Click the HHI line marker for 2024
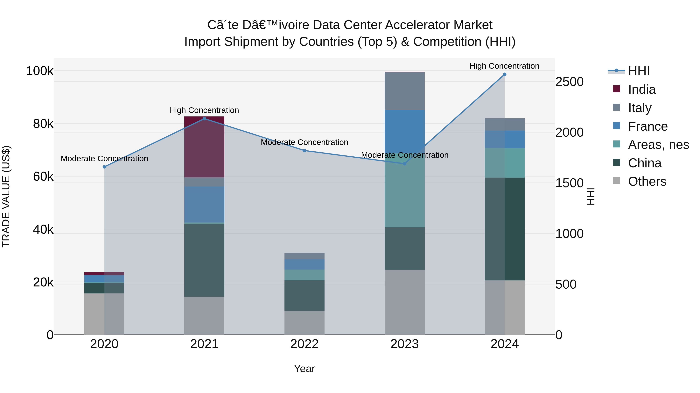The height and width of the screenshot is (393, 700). coord(505,74)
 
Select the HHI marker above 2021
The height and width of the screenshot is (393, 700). coord(204,119)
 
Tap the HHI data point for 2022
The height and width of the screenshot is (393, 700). coord(304,151)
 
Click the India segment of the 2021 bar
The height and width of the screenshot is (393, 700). coord(204,147)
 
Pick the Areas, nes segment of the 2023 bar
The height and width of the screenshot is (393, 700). coord(404,195)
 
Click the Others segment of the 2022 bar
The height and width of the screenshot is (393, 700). coord(304,323)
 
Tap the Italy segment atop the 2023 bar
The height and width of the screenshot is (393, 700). coord(404,91)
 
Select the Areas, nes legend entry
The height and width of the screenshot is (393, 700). coord(658,145)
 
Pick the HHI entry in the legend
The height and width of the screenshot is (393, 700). coord(639,71)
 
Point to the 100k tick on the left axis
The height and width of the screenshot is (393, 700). coord(40,71)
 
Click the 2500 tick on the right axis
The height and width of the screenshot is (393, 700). coord(569,82)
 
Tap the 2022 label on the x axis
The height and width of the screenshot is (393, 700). coord(304,344)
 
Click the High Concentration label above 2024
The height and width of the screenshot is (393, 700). coord(504,66)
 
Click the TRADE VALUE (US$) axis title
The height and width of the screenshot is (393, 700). coord(6,196)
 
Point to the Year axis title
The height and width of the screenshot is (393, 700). coord(304,369)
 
